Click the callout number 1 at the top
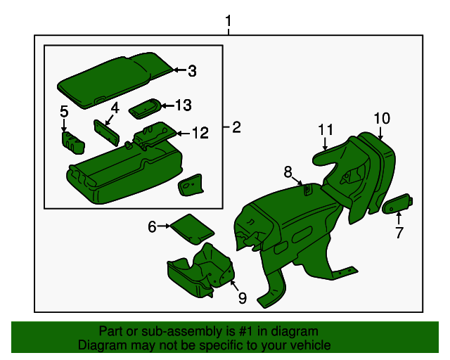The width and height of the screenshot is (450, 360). click(228, 21)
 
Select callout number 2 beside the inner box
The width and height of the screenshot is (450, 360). click(236, 127)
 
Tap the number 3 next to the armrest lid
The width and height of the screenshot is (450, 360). click(192, 71)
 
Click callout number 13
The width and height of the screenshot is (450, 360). click(184, 105)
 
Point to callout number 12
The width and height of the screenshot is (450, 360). click(200, 133)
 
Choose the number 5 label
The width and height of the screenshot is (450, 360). click(64, 111)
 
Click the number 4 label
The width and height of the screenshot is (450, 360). click(115, 108)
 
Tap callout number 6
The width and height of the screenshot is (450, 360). click(152, 227)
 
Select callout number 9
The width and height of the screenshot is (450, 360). click(243, 298)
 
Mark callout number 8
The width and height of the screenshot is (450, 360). click(288, 172)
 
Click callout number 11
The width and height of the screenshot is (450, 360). click(326, 130)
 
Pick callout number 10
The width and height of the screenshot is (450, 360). click(382, 118)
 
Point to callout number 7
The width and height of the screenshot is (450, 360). click(399, 233)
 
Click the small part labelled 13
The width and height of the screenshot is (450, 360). click(146, 108)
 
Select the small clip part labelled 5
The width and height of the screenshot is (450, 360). click(73, 143)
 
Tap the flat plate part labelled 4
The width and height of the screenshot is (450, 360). click(106, 133)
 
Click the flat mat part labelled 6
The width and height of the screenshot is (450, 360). click(192, 229)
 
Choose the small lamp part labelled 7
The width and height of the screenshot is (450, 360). click(398, 203)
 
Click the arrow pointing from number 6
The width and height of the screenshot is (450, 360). click(164, 226)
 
